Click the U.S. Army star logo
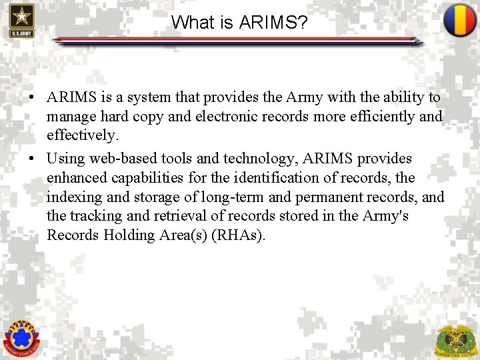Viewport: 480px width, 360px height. (x=21, y=21)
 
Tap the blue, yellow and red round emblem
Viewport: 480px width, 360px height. (x=459, y=21)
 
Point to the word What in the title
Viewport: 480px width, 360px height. (x=191, y=23)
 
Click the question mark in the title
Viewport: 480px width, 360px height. (x=302, y=23)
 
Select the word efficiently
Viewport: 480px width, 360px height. (x=379, y=117)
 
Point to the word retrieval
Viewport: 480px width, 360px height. (x=191, y=217)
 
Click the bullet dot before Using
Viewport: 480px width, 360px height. (x=32, y=159)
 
